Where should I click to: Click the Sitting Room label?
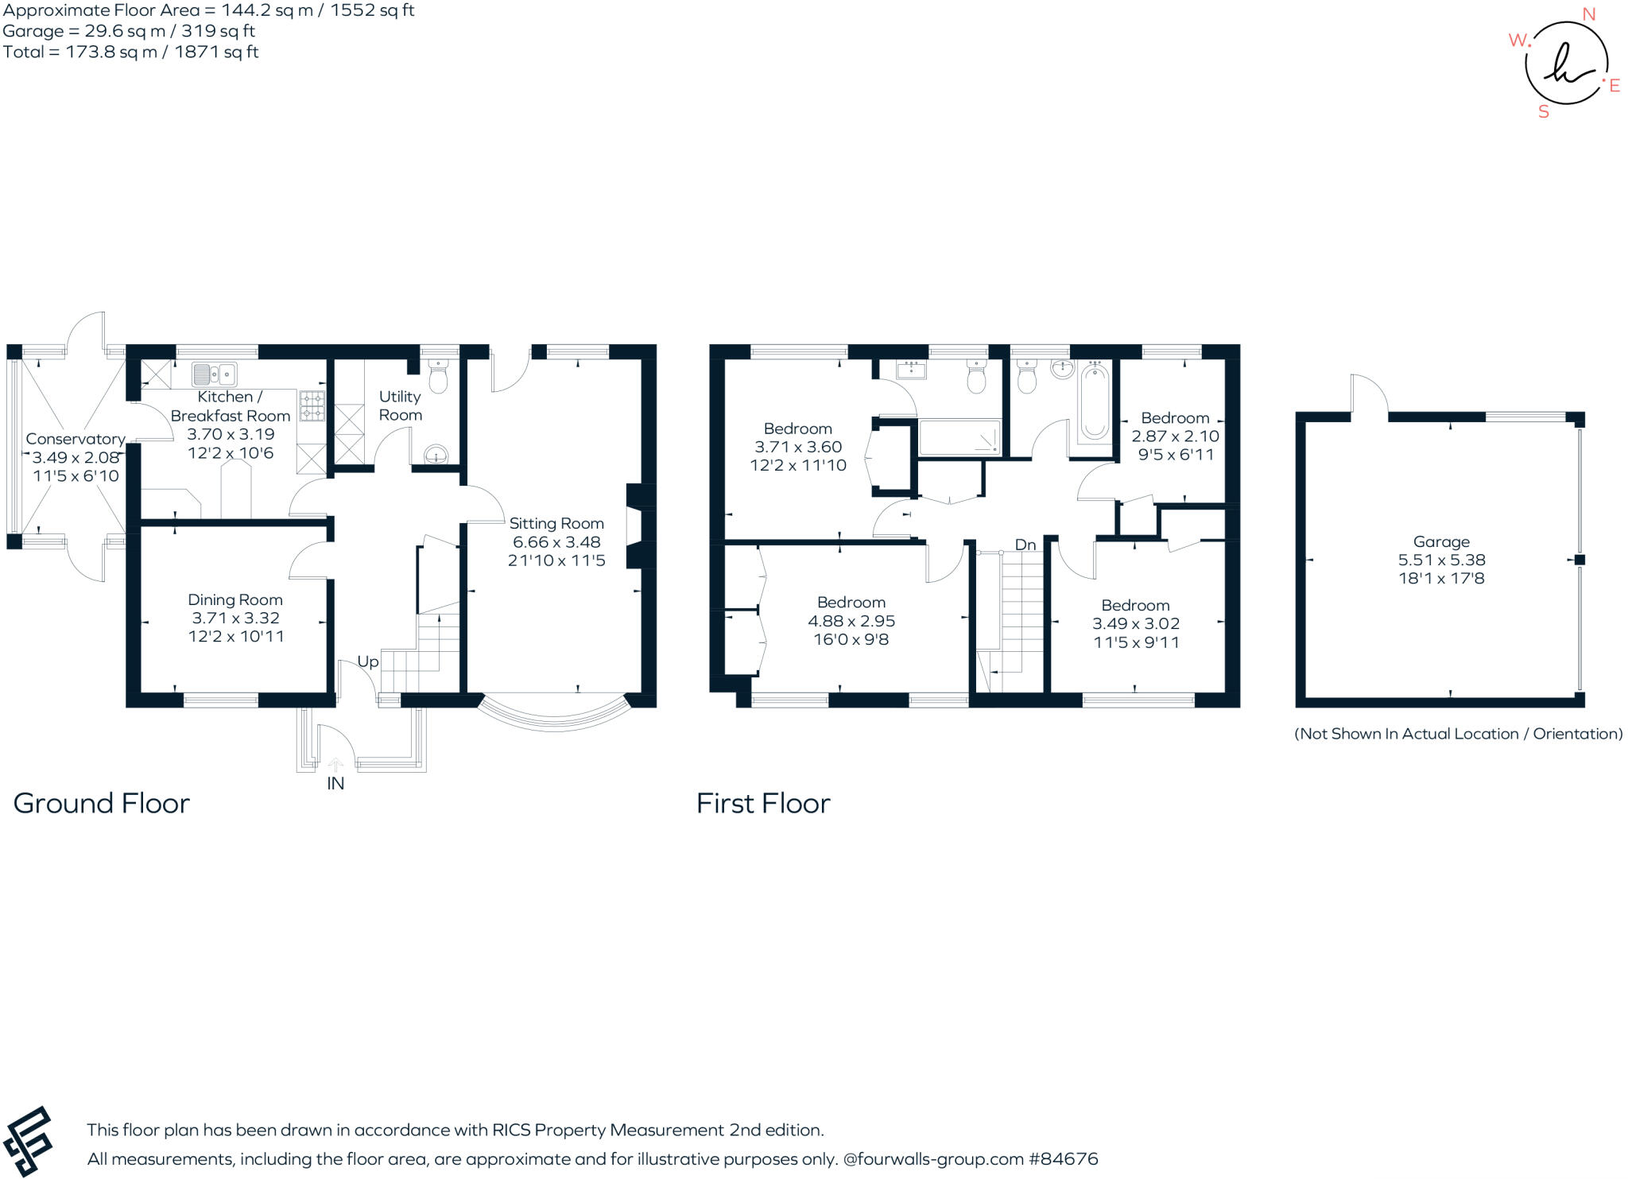coord(556,523)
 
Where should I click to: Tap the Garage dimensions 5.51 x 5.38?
coord(1441,560)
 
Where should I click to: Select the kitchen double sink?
coord(214,373)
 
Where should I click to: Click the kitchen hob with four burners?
coord(312,405)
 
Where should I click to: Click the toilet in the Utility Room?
coord(439,378)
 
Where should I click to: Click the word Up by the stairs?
coord(367,661)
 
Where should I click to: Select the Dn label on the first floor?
coord(1025,545)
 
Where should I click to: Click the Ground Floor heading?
coord(102,803)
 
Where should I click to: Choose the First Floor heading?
coord(763,803)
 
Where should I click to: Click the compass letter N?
coord(1589,14)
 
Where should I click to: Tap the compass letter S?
coord(1544,112)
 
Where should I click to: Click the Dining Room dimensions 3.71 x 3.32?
coord(235,618)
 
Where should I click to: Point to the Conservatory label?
coord(76,439)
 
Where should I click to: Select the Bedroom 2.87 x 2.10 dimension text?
coord(1175,436)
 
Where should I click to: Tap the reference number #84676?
coord(1064,1159)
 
